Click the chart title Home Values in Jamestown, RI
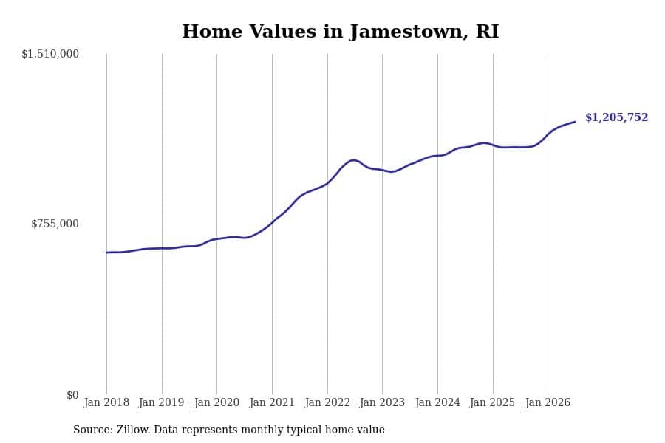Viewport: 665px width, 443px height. (340, 32)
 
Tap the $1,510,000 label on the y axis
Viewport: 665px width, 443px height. (50, 54)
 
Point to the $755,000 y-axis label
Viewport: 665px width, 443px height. (55, 224)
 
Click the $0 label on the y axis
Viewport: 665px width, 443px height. (72, 395)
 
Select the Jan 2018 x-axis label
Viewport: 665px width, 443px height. (106, 402)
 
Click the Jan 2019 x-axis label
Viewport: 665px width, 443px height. (161, 402)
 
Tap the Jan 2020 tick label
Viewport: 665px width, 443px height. (216, 402)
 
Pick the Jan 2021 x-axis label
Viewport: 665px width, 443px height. (271, 402)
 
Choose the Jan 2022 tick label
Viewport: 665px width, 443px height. (327, 402)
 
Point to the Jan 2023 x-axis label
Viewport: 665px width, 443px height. (382, 402)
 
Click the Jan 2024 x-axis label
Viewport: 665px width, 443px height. (437, 402)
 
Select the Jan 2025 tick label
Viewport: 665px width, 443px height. (492, 402)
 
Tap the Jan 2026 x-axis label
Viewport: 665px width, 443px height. (548, 402)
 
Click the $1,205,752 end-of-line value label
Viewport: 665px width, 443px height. (617, 117)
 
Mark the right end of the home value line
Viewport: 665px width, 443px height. (575, 122)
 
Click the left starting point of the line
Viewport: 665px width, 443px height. (106, 253)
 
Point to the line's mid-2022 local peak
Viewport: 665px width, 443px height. (353, 159)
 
